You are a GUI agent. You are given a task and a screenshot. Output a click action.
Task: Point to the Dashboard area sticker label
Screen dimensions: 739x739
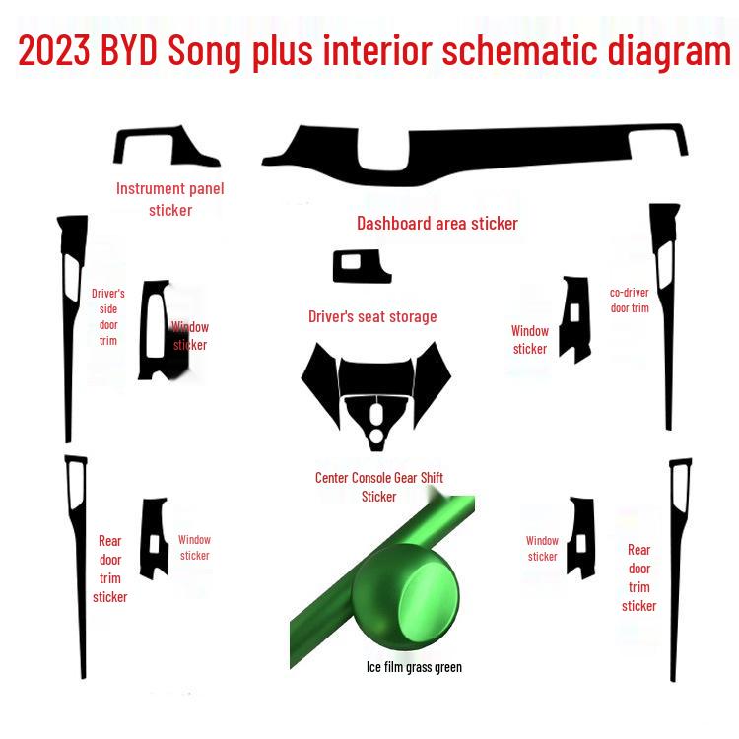tap(437, 224)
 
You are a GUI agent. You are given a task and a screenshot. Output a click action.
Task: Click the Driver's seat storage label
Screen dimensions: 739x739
tap(372, 316)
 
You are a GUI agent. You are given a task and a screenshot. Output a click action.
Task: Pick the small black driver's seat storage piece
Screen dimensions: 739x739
tap(361, 266)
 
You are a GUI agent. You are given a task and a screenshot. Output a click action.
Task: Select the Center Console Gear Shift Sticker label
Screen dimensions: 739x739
tap(379, 487)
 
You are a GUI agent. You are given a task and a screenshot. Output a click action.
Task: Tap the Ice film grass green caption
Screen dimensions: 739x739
tap(414, 667)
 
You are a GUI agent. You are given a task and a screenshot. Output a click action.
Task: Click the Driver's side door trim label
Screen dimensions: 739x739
tap(108, 316)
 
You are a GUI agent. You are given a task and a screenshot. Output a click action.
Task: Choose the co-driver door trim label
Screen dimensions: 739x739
tap(630, 300)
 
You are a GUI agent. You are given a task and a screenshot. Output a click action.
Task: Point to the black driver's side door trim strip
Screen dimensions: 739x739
tap(69, 325)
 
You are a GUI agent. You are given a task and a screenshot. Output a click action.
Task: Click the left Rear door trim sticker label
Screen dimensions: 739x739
tap(110, 569)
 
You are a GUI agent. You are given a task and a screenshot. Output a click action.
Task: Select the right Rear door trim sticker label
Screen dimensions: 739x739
tap(639, 577)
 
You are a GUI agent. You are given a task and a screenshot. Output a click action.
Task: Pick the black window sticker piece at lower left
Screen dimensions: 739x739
tap(156, 538)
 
